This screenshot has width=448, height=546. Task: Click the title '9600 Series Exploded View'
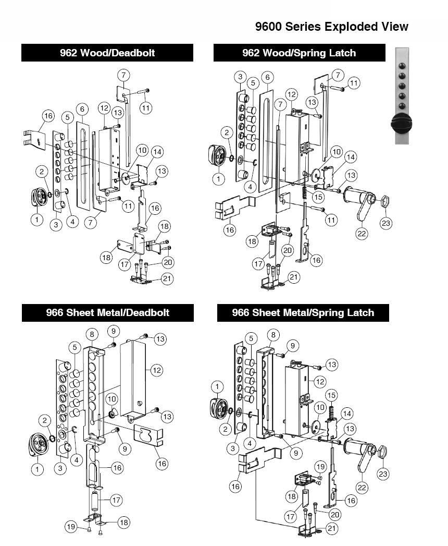click(332, 27)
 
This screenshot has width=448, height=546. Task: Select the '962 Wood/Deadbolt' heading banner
click(107, 53)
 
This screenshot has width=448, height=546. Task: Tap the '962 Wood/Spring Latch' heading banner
click(299, 53)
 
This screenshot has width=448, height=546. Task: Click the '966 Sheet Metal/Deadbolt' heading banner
click(107, 313)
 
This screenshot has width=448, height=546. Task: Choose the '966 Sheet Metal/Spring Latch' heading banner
click(303, 313)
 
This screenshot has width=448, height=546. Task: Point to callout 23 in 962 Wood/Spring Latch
click(386, 223)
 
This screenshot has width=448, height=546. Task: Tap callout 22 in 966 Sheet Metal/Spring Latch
click(362, 487)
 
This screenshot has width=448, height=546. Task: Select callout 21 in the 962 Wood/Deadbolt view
click(167, 279)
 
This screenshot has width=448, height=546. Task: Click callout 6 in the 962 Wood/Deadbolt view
click(81, 108)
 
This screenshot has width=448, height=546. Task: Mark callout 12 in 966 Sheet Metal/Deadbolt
click(157, 370)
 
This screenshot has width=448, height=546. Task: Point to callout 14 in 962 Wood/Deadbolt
click(157, 152)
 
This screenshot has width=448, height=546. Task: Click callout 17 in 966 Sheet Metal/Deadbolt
click(116, 500)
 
